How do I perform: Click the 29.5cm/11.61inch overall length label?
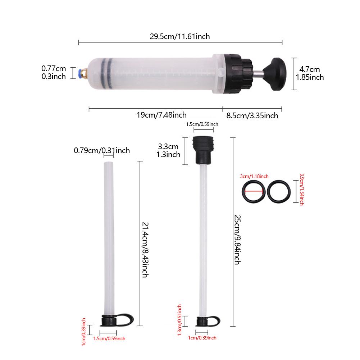(180, 36)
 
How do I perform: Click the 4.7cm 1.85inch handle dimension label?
(310, 73)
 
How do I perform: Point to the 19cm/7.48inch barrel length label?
(161, 115)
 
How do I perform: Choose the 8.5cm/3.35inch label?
(252, 115)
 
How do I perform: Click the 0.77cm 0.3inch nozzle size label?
(54, 72)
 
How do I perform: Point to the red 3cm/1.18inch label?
(254, 176)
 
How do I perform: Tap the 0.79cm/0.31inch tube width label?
(102, 150)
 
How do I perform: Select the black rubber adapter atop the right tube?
(203, 149)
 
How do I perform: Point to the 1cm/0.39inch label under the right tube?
(202, 338)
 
